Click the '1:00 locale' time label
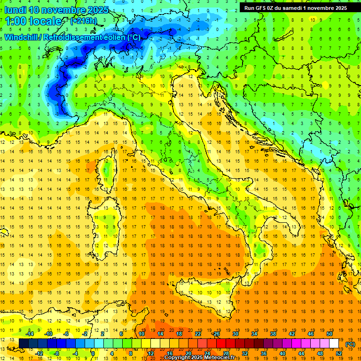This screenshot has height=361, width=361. pos(33,21)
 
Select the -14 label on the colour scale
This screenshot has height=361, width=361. pos(30,333)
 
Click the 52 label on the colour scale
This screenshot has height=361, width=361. pos(338,353)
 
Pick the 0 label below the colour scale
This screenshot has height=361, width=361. pos(93,353)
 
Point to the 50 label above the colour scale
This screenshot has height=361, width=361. pos(329,333)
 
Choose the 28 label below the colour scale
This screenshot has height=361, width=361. pos(226,353)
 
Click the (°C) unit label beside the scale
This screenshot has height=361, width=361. pos(350,344)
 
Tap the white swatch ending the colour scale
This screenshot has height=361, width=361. pos(334,344)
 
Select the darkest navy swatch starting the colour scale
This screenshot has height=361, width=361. pos(24,344)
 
